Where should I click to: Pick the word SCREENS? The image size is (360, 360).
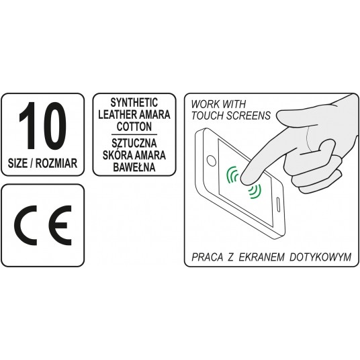[x=251, y=116]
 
